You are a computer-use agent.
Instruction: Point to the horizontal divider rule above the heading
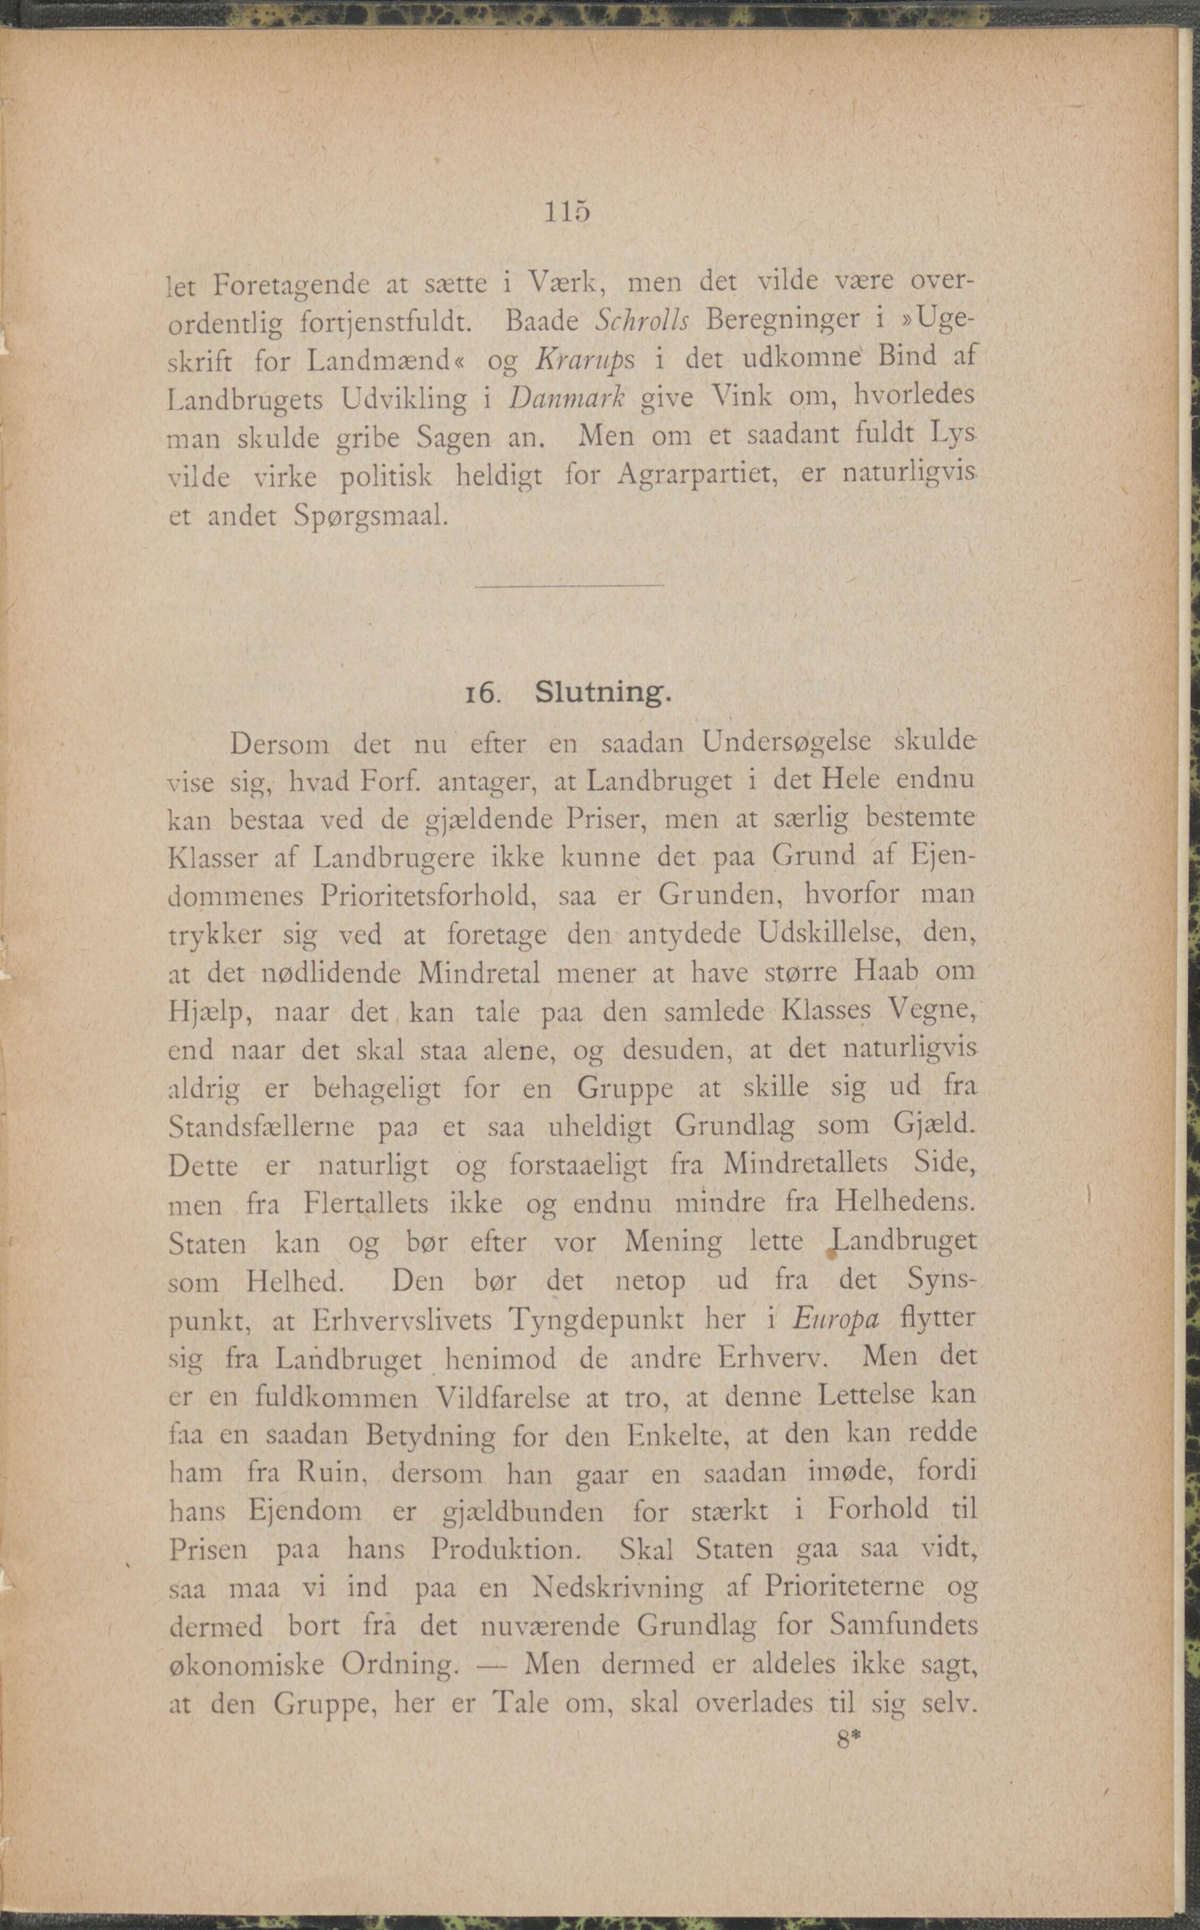568,586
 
